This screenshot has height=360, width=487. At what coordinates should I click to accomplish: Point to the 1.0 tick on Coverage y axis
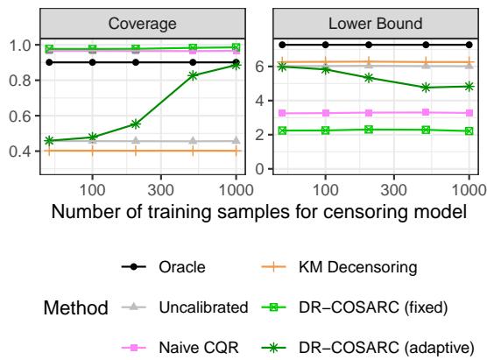[26, 46]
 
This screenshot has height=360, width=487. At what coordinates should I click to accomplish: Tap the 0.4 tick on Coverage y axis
[26, 152]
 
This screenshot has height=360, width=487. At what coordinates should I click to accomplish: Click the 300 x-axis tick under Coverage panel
[161, 187]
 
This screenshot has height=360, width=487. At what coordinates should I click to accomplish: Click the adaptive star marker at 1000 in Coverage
[236, 65]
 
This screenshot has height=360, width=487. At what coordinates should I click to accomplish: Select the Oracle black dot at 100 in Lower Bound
[325, 44]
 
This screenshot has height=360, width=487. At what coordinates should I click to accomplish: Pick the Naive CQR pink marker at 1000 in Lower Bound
[469, 113]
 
